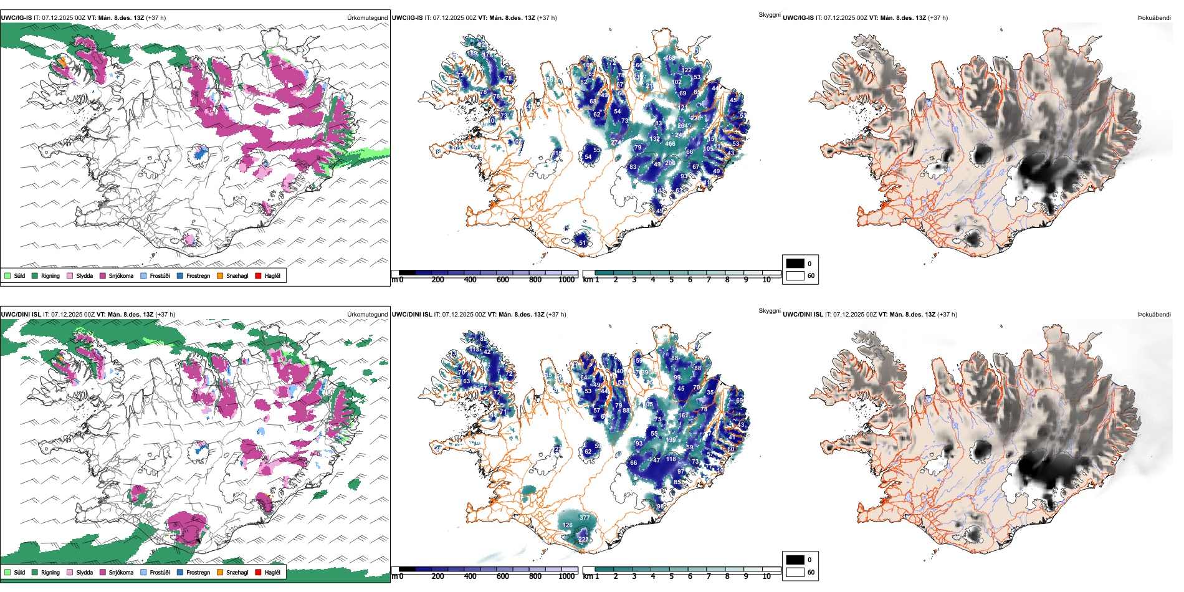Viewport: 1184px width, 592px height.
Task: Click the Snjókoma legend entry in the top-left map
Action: click(121, 275)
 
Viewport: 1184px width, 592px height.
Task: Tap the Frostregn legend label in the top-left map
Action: click(198, 275)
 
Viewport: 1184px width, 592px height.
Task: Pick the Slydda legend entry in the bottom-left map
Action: click(84, 572)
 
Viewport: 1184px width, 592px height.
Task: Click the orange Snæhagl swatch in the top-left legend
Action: click(220, 275)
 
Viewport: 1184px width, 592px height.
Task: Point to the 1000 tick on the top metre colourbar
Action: click(566, 280)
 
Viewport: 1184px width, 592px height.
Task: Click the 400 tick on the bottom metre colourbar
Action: click(470, 576)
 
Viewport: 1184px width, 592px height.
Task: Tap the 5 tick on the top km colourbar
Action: click(671, 280)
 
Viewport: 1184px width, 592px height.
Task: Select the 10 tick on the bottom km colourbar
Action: click(766, 576)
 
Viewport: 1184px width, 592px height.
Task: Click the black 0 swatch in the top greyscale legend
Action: click(795, 264)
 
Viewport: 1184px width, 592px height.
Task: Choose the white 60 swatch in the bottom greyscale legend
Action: click(795, 572)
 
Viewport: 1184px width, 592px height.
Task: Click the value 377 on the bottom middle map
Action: click(585, 518)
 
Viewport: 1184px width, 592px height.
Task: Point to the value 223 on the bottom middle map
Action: click(583, 540)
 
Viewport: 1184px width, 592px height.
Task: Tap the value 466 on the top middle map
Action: click(670, 144)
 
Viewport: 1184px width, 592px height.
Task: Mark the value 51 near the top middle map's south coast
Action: click(583, 243)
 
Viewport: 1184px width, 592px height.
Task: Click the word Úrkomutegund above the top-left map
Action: click(367, 18)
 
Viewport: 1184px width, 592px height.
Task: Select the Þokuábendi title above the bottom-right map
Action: click(1154, 315)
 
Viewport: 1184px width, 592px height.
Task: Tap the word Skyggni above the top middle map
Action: click(769, 14)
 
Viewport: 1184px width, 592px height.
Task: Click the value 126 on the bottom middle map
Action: click(567, 525)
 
